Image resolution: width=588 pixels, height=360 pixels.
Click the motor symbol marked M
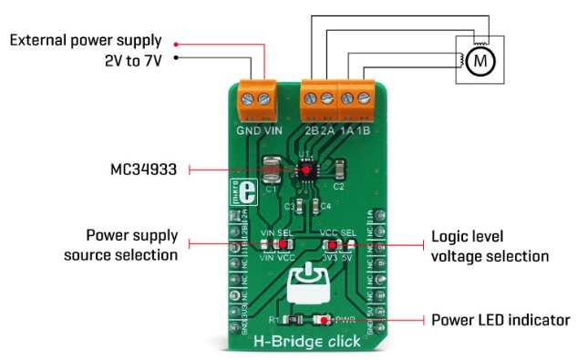[x=479, y=62]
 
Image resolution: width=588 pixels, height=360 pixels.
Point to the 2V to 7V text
[x=129, y=60]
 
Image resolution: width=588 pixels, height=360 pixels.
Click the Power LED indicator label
[x=500, y=320]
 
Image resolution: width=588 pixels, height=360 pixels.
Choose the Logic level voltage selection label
[x=490, y=246]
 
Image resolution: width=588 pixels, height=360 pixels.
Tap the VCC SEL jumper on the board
[x=334, y=246]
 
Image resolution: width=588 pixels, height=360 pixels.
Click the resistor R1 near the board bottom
[x=291, y=320]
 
